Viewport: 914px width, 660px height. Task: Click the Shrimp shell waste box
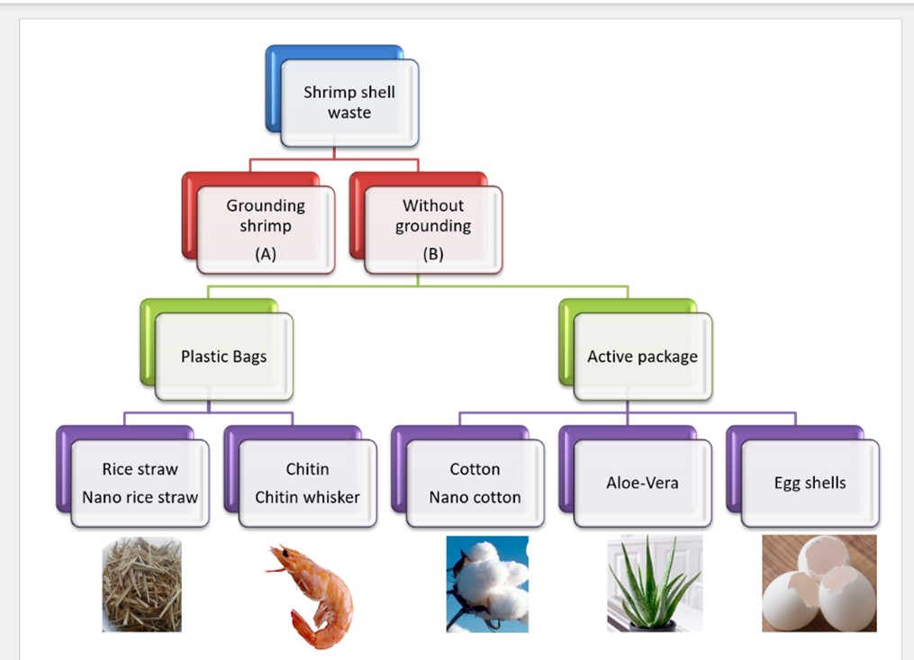349,103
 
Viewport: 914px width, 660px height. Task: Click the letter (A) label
266,254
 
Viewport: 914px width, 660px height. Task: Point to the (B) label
433,254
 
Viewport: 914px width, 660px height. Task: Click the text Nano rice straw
140,497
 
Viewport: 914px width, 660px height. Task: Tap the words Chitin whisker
307,497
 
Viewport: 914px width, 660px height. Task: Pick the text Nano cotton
475,497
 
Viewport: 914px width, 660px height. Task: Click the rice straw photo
141,584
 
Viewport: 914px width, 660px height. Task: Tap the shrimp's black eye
285,552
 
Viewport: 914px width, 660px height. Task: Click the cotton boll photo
487,584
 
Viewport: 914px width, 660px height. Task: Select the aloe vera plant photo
655,583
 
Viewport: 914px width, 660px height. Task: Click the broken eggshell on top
823,557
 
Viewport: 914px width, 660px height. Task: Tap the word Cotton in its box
475,469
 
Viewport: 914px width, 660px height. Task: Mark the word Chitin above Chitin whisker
307,469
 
